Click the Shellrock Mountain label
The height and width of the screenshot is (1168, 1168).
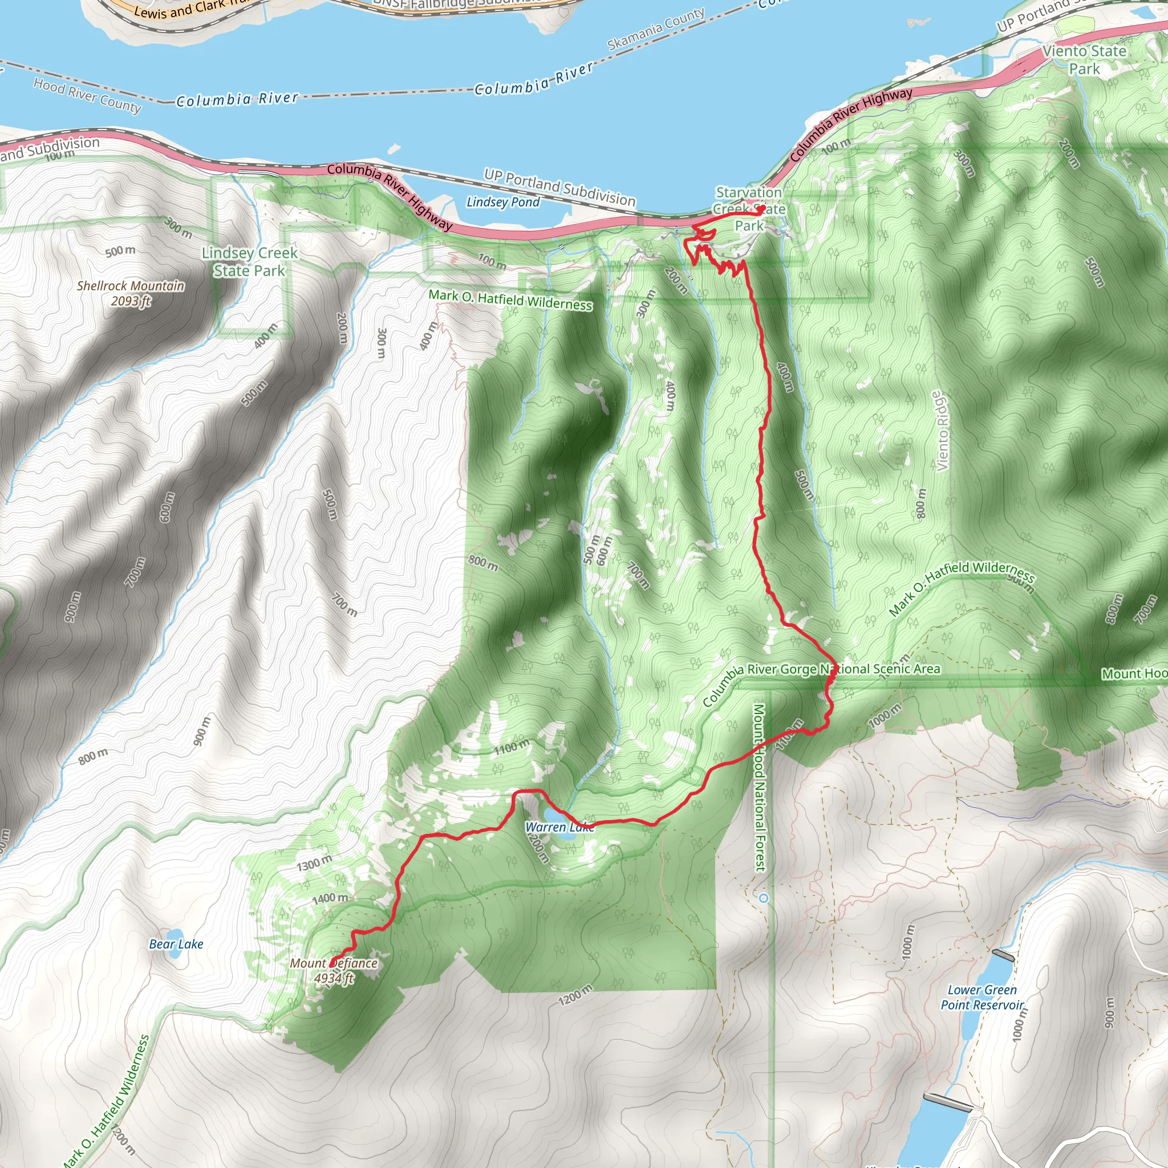pos(131,285)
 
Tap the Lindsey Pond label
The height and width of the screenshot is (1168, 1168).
pos(503,202)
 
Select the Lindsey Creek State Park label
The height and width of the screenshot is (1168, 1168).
pos(249,261)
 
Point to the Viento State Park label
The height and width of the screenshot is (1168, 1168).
pos(1085,60)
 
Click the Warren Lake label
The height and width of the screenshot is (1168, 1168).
pos(559,827)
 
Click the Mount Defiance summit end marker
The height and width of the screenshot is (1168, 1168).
pos(331,963)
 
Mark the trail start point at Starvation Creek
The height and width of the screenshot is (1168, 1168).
pos(762,209)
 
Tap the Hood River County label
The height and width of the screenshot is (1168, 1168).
pos(87,95)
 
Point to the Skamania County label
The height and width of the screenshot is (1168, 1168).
pos(655,29)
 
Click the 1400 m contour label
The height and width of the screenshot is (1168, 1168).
pos(330,898)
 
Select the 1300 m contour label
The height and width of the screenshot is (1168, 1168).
pos(314,864)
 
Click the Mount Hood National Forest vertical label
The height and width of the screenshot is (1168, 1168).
pos(759,787)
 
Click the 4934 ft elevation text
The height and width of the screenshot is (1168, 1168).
pos(334,978)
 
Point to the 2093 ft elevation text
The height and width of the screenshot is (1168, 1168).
pos(131,301)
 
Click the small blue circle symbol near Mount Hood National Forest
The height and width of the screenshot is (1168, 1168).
pos(764,898)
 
